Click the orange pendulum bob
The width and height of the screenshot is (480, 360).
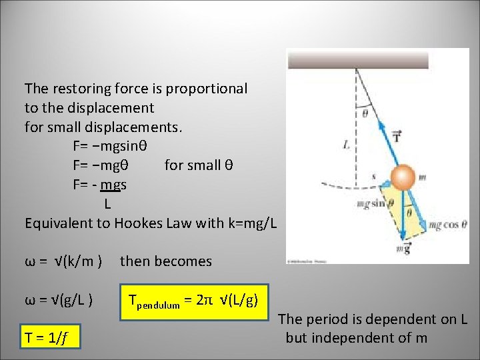click(x=403, y=177)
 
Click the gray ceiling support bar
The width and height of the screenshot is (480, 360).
click(x=357, y=60)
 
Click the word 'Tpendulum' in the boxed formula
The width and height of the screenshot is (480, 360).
click(x=154, y=304)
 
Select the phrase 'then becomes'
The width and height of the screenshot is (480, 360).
click(x=165, y=261)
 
